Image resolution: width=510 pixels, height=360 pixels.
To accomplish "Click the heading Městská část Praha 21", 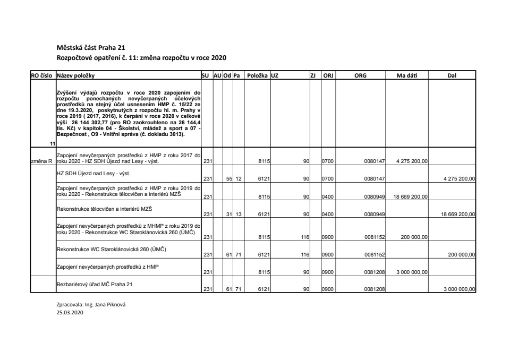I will coord(91,48).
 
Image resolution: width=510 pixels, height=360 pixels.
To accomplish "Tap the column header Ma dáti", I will coord(407,76).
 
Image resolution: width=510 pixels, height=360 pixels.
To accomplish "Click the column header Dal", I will coord(452,76).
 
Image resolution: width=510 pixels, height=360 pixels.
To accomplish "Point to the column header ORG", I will coord(360,76).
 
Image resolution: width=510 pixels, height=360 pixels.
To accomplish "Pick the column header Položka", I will coord(257,76).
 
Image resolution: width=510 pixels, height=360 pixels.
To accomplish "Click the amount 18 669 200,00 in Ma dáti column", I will coord(411,196).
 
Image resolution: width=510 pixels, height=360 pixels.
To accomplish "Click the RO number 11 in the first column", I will coord(52,144).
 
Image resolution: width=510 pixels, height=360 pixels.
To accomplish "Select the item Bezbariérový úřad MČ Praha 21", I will coord(94,284).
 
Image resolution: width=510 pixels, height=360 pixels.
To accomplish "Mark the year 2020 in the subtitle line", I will coord(218,57).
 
